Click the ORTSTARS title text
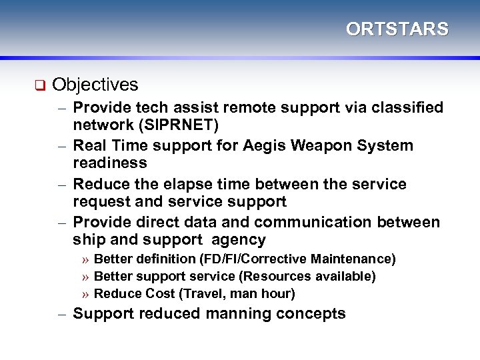[397, 29]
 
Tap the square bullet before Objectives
[39, 85]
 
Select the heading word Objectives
[95, 85]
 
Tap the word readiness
[109, 163]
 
